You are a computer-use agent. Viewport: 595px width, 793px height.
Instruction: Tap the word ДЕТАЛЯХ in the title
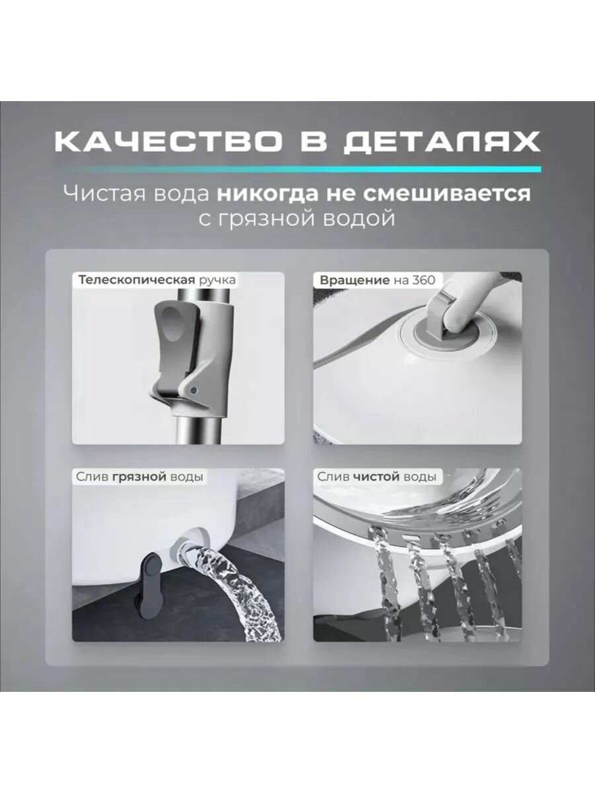(x=441, y=142)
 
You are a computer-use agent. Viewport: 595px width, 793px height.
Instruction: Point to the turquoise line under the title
(x=297, y=169)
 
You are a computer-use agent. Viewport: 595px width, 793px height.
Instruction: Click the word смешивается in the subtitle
(x=447, y=194)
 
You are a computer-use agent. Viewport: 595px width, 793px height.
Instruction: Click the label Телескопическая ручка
(x=157, y=280)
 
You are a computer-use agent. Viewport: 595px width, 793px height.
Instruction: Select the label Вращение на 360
(x=377, y=280)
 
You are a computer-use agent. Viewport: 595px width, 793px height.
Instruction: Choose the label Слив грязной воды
(x=139, y=476)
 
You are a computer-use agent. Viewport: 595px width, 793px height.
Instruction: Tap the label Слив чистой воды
(x=377, y=476)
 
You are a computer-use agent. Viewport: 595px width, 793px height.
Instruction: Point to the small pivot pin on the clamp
(x=194, y=390)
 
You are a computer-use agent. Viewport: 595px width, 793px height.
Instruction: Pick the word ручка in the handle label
(x=218, y=281)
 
